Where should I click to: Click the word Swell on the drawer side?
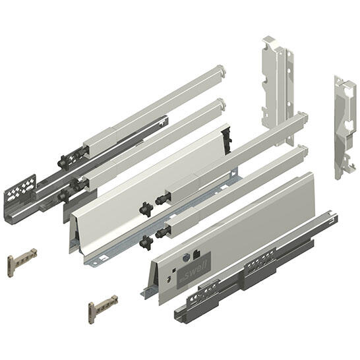(x=197, y=266)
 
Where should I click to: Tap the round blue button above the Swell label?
(x=186, y=258)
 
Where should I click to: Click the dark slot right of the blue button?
(x=196, y=255)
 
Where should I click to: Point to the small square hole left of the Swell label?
(x=174, y=270)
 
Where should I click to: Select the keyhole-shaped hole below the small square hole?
(x=169, y=280)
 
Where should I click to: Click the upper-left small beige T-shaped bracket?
(x=22, y=262)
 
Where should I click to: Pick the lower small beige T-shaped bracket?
(x=103, y=309)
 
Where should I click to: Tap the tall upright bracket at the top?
(x=278, y=90)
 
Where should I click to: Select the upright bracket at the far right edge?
(x=345, y=127)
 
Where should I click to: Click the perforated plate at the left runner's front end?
(x=20, y=191)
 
